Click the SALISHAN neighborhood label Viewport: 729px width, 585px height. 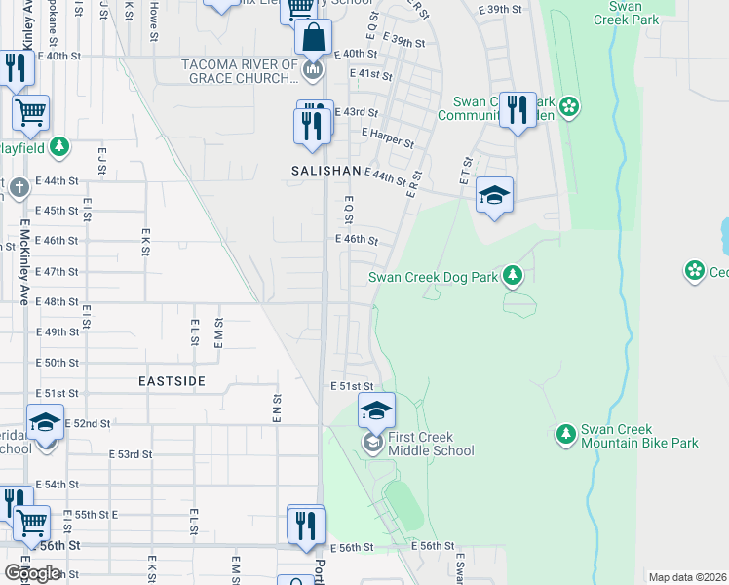coord(326,170)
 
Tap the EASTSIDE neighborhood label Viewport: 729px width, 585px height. coord(172,381)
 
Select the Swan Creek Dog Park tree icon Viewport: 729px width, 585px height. coord(514,277)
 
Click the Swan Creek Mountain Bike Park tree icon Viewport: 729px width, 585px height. coord(565,433)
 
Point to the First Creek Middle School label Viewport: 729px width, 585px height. coord(431,444)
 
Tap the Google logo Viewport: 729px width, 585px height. coord(32,573)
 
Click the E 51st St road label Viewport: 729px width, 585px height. coord(352,386)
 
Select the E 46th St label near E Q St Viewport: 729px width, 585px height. coord(356,239)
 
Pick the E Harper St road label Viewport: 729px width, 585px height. coord(388,137)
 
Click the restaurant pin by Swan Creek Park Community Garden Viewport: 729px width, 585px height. coord(517,109)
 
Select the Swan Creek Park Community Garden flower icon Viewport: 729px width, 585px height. coord(570,105)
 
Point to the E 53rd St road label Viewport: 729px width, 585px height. coord(131,454)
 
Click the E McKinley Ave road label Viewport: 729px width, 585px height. coord(23,261)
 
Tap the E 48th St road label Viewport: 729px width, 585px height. coord(57,301)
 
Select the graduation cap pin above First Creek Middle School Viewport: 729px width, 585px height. coord(376,409)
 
